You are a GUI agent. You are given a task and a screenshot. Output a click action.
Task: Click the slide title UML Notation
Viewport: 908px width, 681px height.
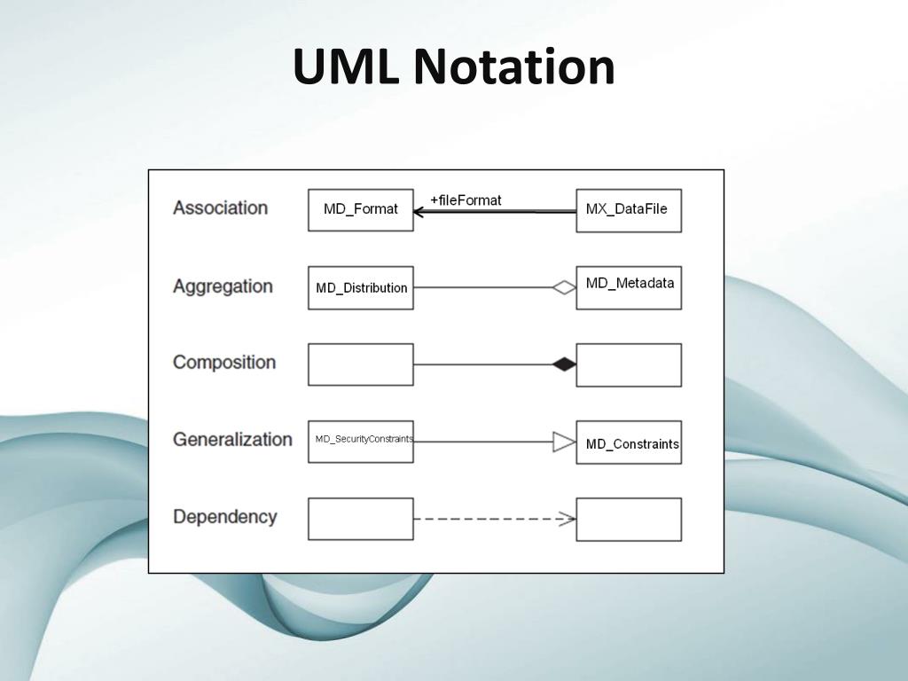[453, 67]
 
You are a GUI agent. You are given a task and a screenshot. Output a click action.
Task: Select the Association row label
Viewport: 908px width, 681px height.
[220, 207]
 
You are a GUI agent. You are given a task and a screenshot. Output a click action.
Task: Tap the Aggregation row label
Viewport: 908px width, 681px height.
[223, 286]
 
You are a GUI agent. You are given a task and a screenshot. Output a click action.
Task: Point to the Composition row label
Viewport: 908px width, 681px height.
[224, 362]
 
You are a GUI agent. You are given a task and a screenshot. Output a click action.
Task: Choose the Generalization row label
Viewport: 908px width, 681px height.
[232, 439]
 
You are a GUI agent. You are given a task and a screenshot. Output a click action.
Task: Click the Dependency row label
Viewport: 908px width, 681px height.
[224, 516]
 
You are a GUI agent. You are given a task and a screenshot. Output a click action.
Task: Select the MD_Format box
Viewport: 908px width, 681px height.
[361, 210]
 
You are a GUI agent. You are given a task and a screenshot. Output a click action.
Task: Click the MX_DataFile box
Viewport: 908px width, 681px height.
[629, 210]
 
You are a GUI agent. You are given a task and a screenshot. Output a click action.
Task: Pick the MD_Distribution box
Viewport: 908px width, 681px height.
[361, 287]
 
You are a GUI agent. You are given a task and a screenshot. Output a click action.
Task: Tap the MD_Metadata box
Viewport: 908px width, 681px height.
[629, 287]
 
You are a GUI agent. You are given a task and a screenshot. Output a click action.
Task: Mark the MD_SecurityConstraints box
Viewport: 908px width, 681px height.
[361, 441]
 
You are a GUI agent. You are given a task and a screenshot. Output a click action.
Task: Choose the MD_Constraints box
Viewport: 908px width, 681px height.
[629, 442]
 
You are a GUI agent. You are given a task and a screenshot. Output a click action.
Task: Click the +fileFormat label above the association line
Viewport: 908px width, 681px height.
[466, 200]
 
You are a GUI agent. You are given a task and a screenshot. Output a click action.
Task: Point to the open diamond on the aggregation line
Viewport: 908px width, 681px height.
[564, 286]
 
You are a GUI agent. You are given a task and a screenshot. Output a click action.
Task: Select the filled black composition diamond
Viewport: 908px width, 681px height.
[563, 364]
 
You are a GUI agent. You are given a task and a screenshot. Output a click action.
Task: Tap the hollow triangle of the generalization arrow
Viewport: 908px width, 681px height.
[564, 441]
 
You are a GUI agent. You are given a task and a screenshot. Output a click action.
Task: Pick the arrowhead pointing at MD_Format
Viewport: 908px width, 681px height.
[419, 211]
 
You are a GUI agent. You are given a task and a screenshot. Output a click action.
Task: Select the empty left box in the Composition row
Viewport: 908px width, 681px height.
[361, 364]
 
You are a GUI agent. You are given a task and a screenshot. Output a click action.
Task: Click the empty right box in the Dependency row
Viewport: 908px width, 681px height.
[629, 520]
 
